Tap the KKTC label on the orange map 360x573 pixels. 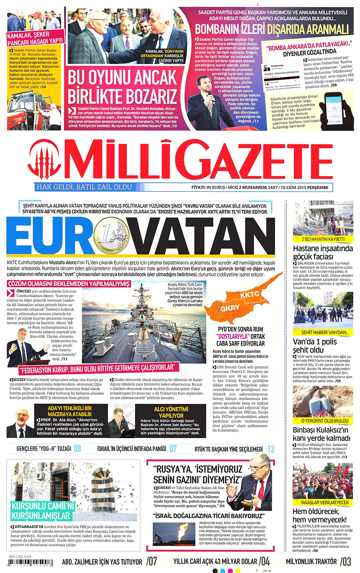click(250, 295)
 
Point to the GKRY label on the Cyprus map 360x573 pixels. click(230, 308)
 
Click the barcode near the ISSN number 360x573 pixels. click(31, 563)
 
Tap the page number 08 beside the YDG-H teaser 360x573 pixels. click(77, 448)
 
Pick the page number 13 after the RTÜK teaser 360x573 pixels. click(271, 449)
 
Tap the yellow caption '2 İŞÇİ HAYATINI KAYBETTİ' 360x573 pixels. click(323, 239)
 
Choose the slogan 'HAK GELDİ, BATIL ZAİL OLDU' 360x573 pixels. click(84, 187)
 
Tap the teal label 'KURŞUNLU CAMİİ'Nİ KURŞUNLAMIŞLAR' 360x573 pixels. click(42, 511)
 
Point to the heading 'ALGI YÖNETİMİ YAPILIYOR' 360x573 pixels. click(171, 412)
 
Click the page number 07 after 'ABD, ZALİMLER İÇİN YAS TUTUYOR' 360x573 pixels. click(151, 561)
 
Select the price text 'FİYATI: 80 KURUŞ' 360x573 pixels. click(208, 187)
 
